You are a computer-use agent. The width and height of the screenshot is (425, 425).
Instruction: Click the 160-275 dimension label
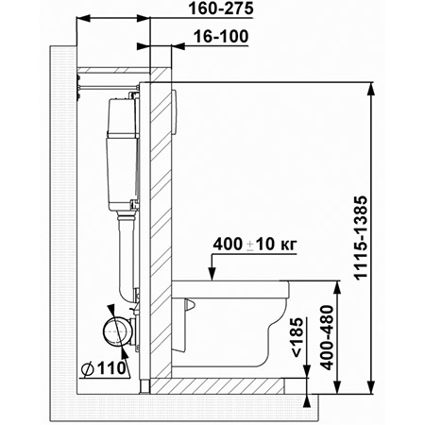pyautogui.click(x=221, y=8)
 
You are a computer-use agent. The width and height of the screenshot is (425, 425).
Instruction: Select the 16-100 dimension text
pyautogui.click(x=221, y=37)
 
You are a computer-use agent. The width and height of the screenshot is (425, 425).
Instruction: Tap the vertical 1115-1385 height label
pyautogui.click(x=361, y=238)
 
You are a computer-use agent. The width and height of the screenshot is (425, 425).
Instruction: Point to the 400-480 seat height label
pyautogui.click(x=327, y=337)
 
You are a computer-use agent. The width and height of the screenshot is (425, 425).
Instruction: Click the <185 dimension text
pyautogui.click(x=297, y=337)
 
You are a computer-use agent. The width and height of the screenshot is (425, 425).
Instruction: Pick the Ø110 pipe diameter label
pyautogui.click(x=103, y=368)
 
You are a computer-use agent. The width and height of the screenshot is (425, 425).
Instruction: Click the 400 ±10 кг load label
pyautogui.click(x=255, y=245)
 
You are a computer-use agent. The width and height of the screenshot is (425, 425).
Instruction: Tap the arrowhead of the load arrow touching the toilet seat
pyautogui.click(x=212, y=274)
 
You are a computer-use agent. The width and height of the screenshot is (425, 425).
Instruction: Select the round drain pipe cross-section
pyautogui.click(x=115, y=331)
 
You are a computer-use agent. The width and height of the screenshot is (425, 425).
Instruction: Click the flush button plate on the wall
pyautogui.click(x=175, y=112)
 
